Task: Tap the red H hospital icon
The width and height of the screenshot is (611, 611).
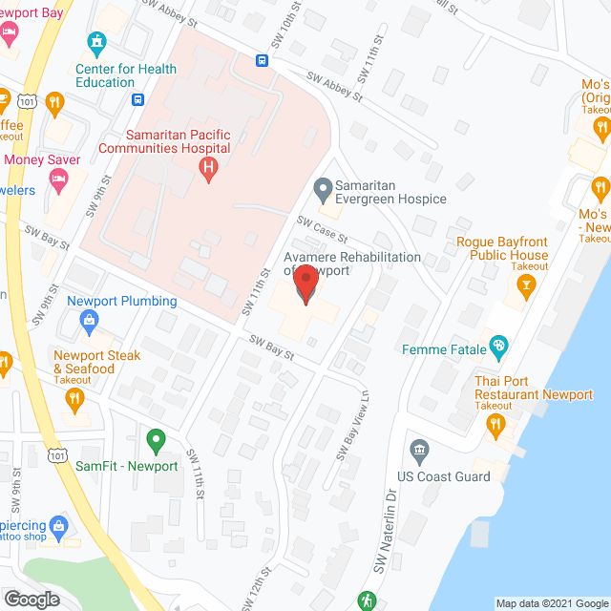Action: (207, 170)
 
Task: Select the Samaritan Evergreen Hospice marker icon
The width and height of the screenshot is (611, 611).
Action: (322, 187)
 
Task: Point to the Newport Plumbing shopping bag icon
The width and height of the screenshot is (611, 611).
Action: (89, 321)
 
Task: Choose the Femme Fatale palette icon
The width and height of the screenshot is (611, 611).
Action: (496, 345)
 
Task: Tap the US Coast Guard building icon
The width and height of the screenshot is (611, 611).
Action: (418, 450)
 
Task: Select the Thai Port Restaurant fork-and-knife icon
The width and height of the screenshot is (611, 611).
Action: (496, 429)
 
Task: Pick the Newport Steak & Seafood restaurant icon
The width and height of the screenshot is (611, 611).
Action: (75, 403)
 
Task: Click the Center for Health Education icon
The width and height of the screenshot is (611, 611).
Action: (95, 43)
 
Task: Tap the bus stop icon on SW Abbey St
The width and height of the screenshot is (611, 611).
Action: (261, 61)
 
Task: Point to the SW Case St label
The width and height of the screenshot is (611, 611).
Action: (321, 229)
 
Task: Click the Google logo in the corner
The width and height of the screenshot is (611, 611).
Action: (31, 599)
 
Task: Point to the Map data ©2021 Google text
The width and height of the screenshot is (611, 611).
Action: (550, 603)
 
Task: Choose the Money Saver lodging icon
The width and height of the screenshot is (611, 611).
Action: (58, 178)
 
